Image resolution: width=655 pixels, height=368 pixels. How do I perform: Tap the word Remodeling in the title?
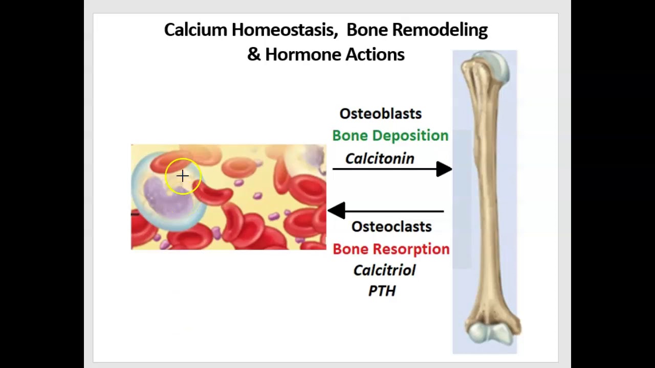[x=440, y=30]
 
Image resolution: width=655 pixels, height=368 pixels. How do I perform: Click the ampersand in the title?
[x=253, y=54]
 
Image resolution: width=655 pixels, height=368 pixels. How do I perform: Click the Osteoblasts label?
[x=380, y=113]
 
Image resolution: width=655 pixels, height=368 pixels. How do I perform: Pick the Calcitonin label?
[x=380, y=158]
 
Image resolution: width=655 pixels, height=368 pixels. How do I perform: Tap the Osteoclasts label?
[x=391, y=226]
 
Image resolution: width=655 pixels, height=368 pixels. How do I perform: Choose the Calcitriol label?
[x=384, y=270]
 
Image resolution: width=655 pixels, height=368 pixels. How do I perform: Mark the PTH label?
[x=382, y=291]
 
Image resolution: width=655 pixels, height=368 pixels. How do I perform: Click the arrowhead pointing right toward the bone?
[x=443, y=169]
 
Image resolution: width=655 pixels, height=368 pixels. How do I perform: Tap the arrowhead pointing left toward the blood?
[x=336, y=211]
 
